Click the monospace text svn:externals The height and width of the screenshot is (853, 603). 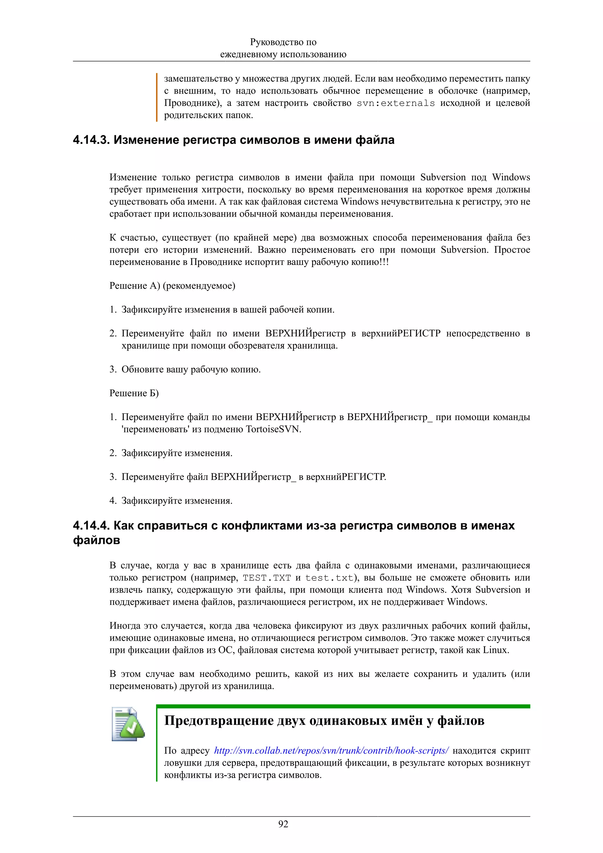[395, 103]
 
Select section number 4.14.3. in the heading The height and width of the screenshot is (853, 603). [91, 140]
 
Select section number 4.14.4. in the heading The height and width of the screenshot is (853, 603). [91, 525]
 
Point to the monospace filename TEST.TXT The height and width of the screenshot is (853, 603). [267, 578]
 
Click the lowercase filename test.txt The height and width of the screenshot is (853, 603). [329, 578]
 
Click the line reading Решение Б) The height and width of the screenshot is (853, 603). [134, 393]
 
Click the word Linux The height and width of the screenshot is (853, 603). [496, 650]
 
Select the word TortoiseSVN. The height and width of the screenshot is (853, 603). [274, 429]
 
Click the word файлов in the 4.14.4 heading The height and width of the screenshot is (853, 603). [97, 540]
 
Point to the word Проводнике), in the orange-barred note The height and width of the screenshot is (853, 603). [193, 103]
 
